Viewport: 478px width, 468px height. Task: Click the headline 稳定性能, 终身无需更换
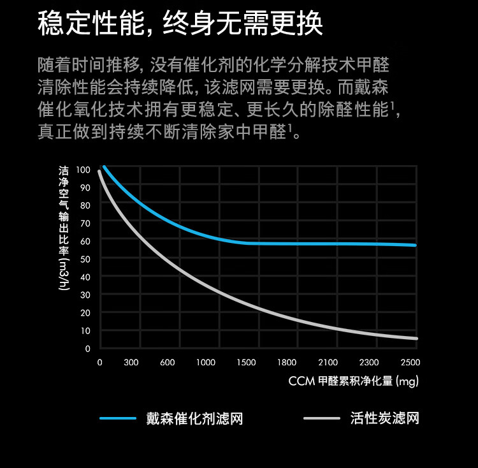(x=180, y=24)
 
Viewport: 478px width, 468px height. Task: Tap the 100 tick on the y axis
(x=83, y=170)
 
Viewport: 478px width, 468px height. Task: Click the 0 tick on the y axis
(x=87, y=349)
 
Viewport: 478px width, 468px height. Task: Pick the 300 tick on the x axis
(x=131, y=363)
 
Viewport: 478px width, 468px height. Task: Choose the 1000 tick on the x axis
(x=205, y=363)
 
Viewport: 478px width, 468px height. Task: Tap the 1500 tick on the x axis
(x=246, y=363)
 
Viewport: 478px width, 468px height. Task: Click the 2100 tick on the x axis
(x=328, y=363)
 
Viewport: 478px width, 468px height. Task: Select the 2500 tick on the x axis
(x=410, y=363)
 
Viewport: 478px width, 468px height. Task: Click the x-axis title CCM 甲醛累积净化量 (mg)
(x=353, y=381)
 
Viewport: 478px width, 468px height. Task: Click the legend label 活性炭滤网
(x=384, y=419)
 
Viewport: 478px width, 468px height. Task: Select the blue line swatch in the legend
(x=118, y=419)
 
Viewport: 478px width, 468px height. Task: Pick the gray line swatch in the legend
(x=322, y=419)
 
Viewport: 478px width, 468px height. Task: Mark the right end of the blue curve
(x=416, y=245)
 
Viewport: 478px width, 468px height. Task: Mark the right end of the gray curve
(x=416, y=338)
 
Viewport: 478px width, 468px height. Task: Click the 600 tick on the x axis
(x=168, y=363)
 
